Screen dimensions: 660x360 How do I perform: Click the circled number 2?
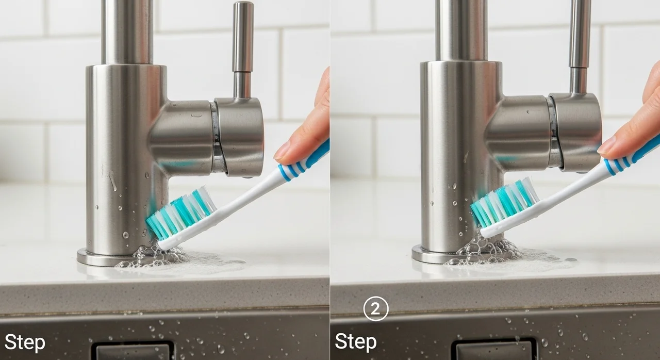point(376,309)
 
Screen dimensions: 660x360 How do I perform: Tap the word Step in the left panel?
point(25,343)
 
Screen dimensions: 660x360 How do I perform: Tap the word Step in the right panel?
point(356,342)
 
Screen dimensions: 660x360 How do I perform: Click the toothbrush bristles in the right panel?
point(504,202)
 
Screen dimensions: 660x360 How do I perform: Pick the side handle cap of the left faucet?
point(239,137)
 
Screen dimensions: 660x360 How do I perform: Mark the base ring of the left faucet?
point(97,259)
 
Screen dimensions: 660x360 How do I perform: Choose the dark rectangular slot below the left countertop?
point(133,351)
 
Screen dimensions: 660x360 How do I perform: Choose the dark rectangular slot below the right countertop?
point(494,350)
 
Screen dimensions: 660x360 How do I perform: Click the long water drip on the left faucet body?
point(112,181)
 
